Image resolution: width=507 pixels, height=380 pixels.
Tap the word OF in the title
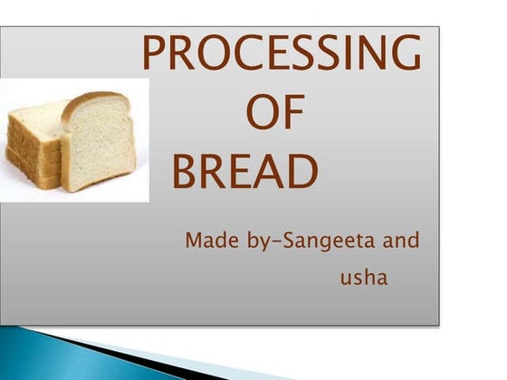[x=276, y=116]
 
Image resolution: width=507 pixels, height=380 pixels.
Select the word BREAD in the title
[x=245, y=172]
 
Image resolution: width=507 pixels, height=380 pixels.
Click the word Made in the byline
[x=207, y=242]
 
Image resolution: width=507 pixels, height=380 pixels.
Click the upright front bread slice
[x=99, y=145]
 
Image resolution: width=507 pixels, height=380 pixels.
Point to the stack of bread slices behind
[x=34, y=145]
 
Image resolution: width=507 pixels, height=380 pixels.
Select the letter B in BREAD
[x=187, y=172]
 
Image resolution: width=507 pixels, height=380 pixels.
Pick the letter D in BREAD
[x=302, y=172]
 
